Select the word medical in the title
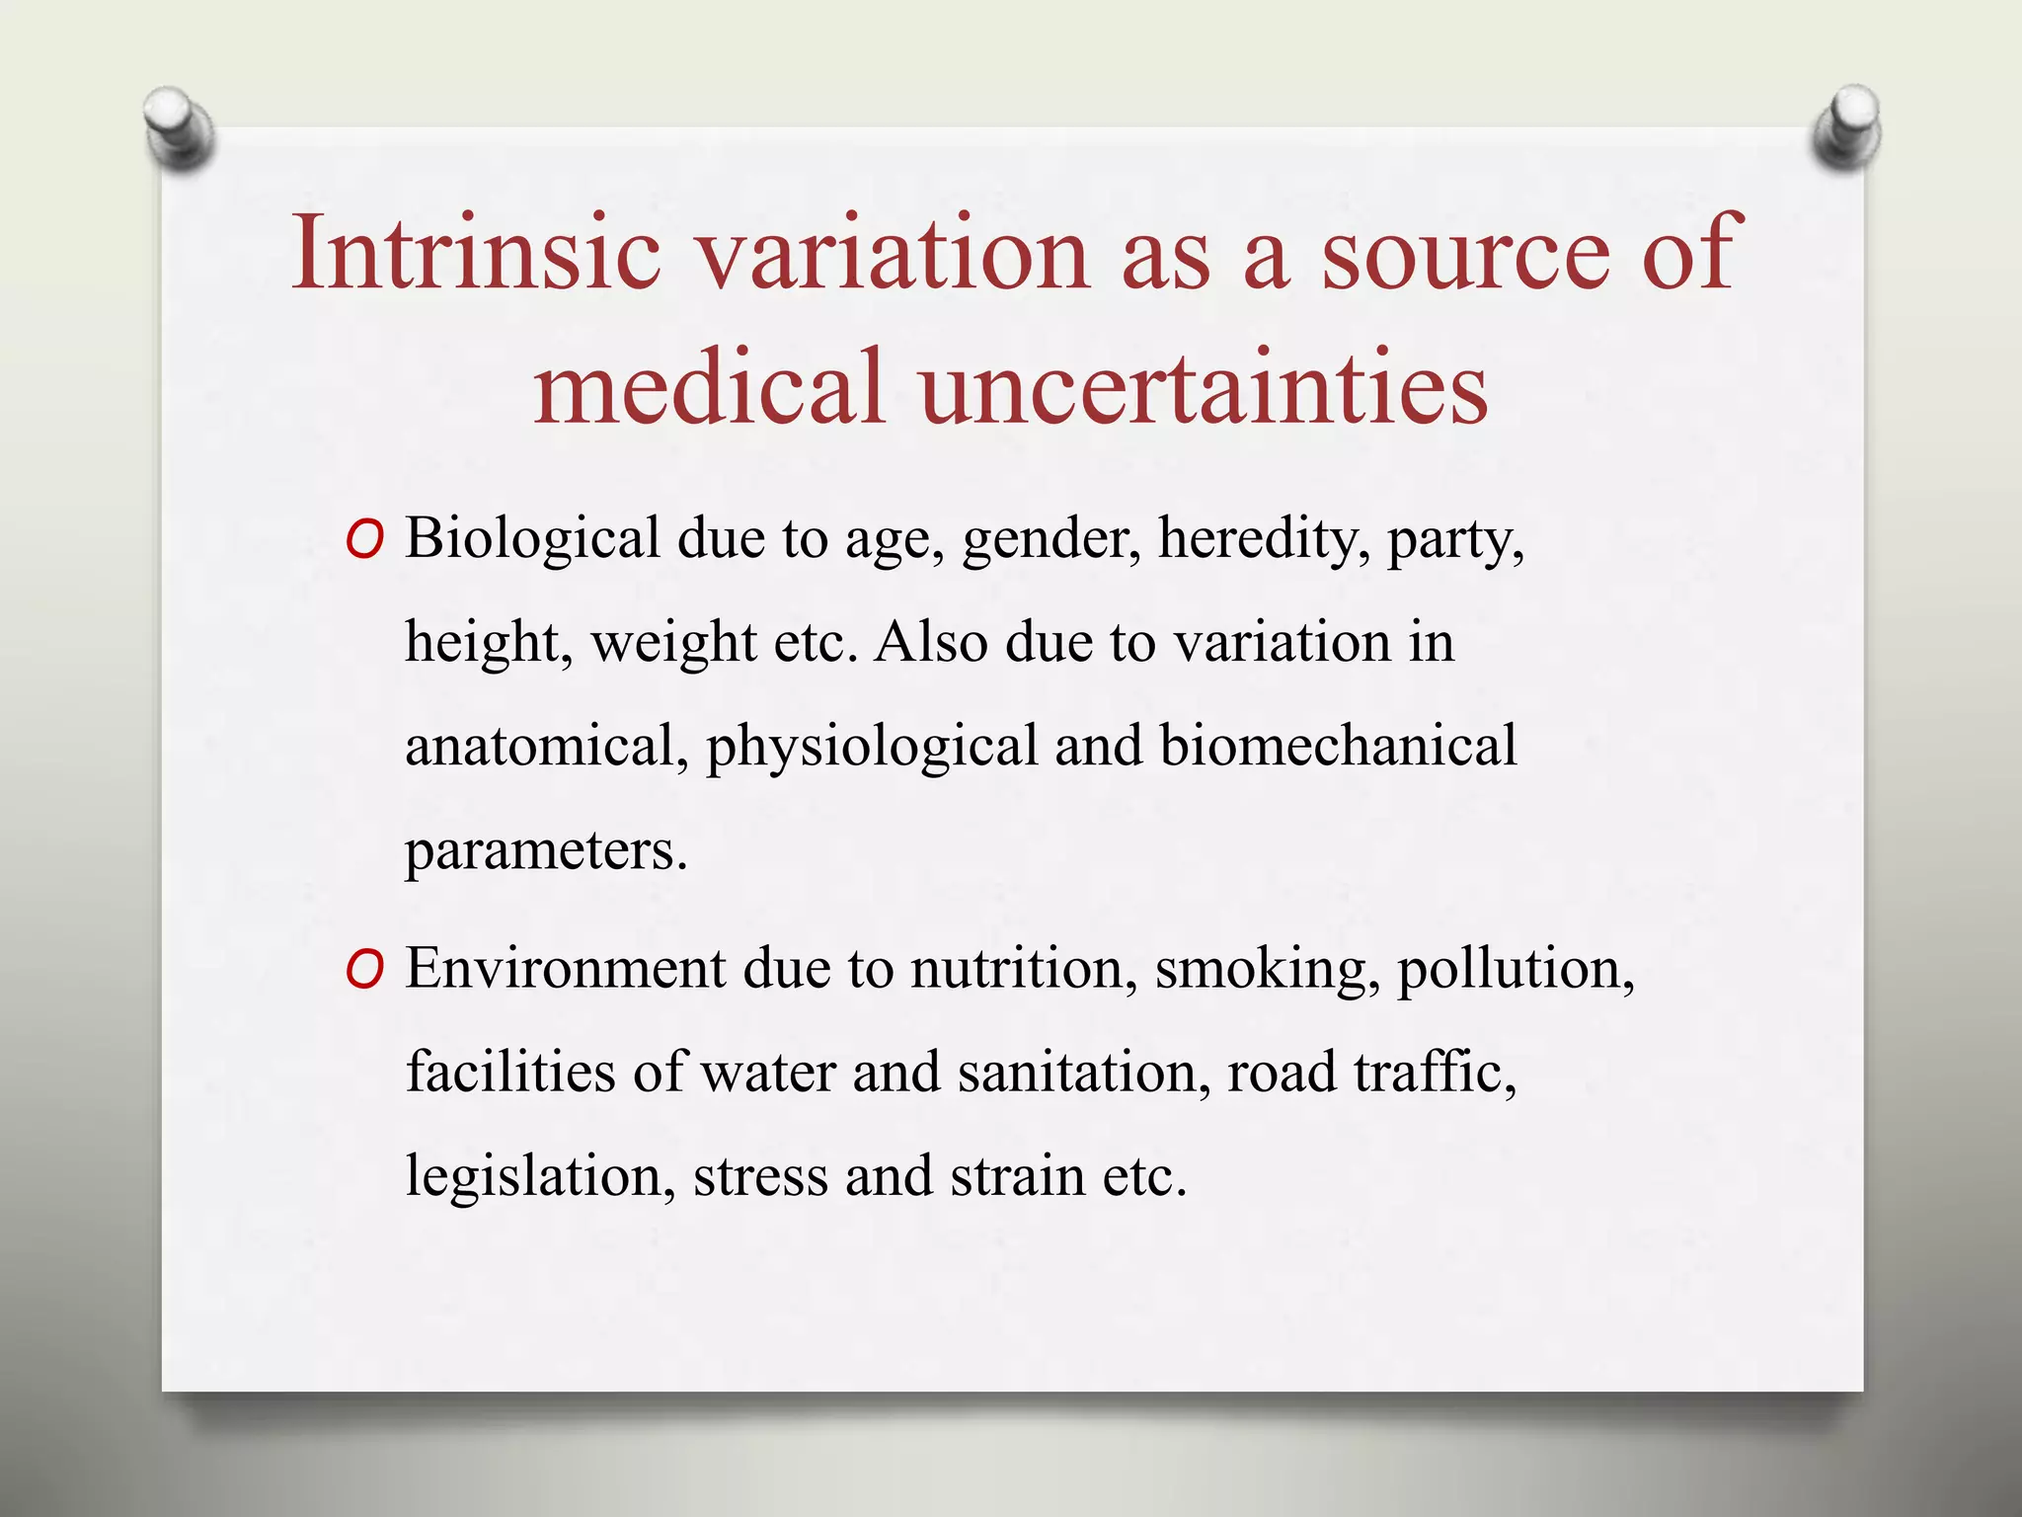pos(707,387)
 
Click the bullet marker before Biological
pos(364,541)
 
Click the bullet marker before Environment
pos(364,971)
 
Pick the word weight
pos(673,644)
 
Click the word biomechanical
pos(1337,747)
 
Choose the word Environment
pos(566,969)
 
